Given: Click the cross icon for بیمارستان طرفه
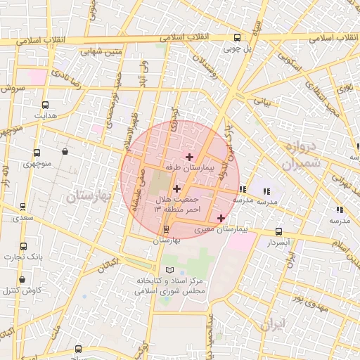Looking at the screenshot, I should pos(189,156).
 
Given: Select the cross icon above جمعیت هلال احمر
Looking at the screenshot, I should pos(176,188).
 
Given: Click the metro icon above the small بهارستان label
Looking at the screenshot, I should pos(166,229).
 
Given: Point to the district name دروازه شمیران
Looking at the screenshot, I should pos(303,155).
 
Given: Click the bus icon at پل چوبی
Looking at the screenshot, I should pos(236,38).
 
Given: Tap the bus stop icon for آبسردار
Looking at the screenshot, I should pos(279,231).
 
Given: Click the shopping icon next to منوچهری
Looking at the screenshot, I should pos(65,150).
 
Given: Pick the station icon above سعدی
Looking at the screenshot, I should pos(23,207).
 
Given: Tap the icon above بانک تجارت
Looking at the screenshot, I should pos(23,246).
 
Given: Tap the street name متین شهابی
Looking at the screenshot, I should pos(102,51).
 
